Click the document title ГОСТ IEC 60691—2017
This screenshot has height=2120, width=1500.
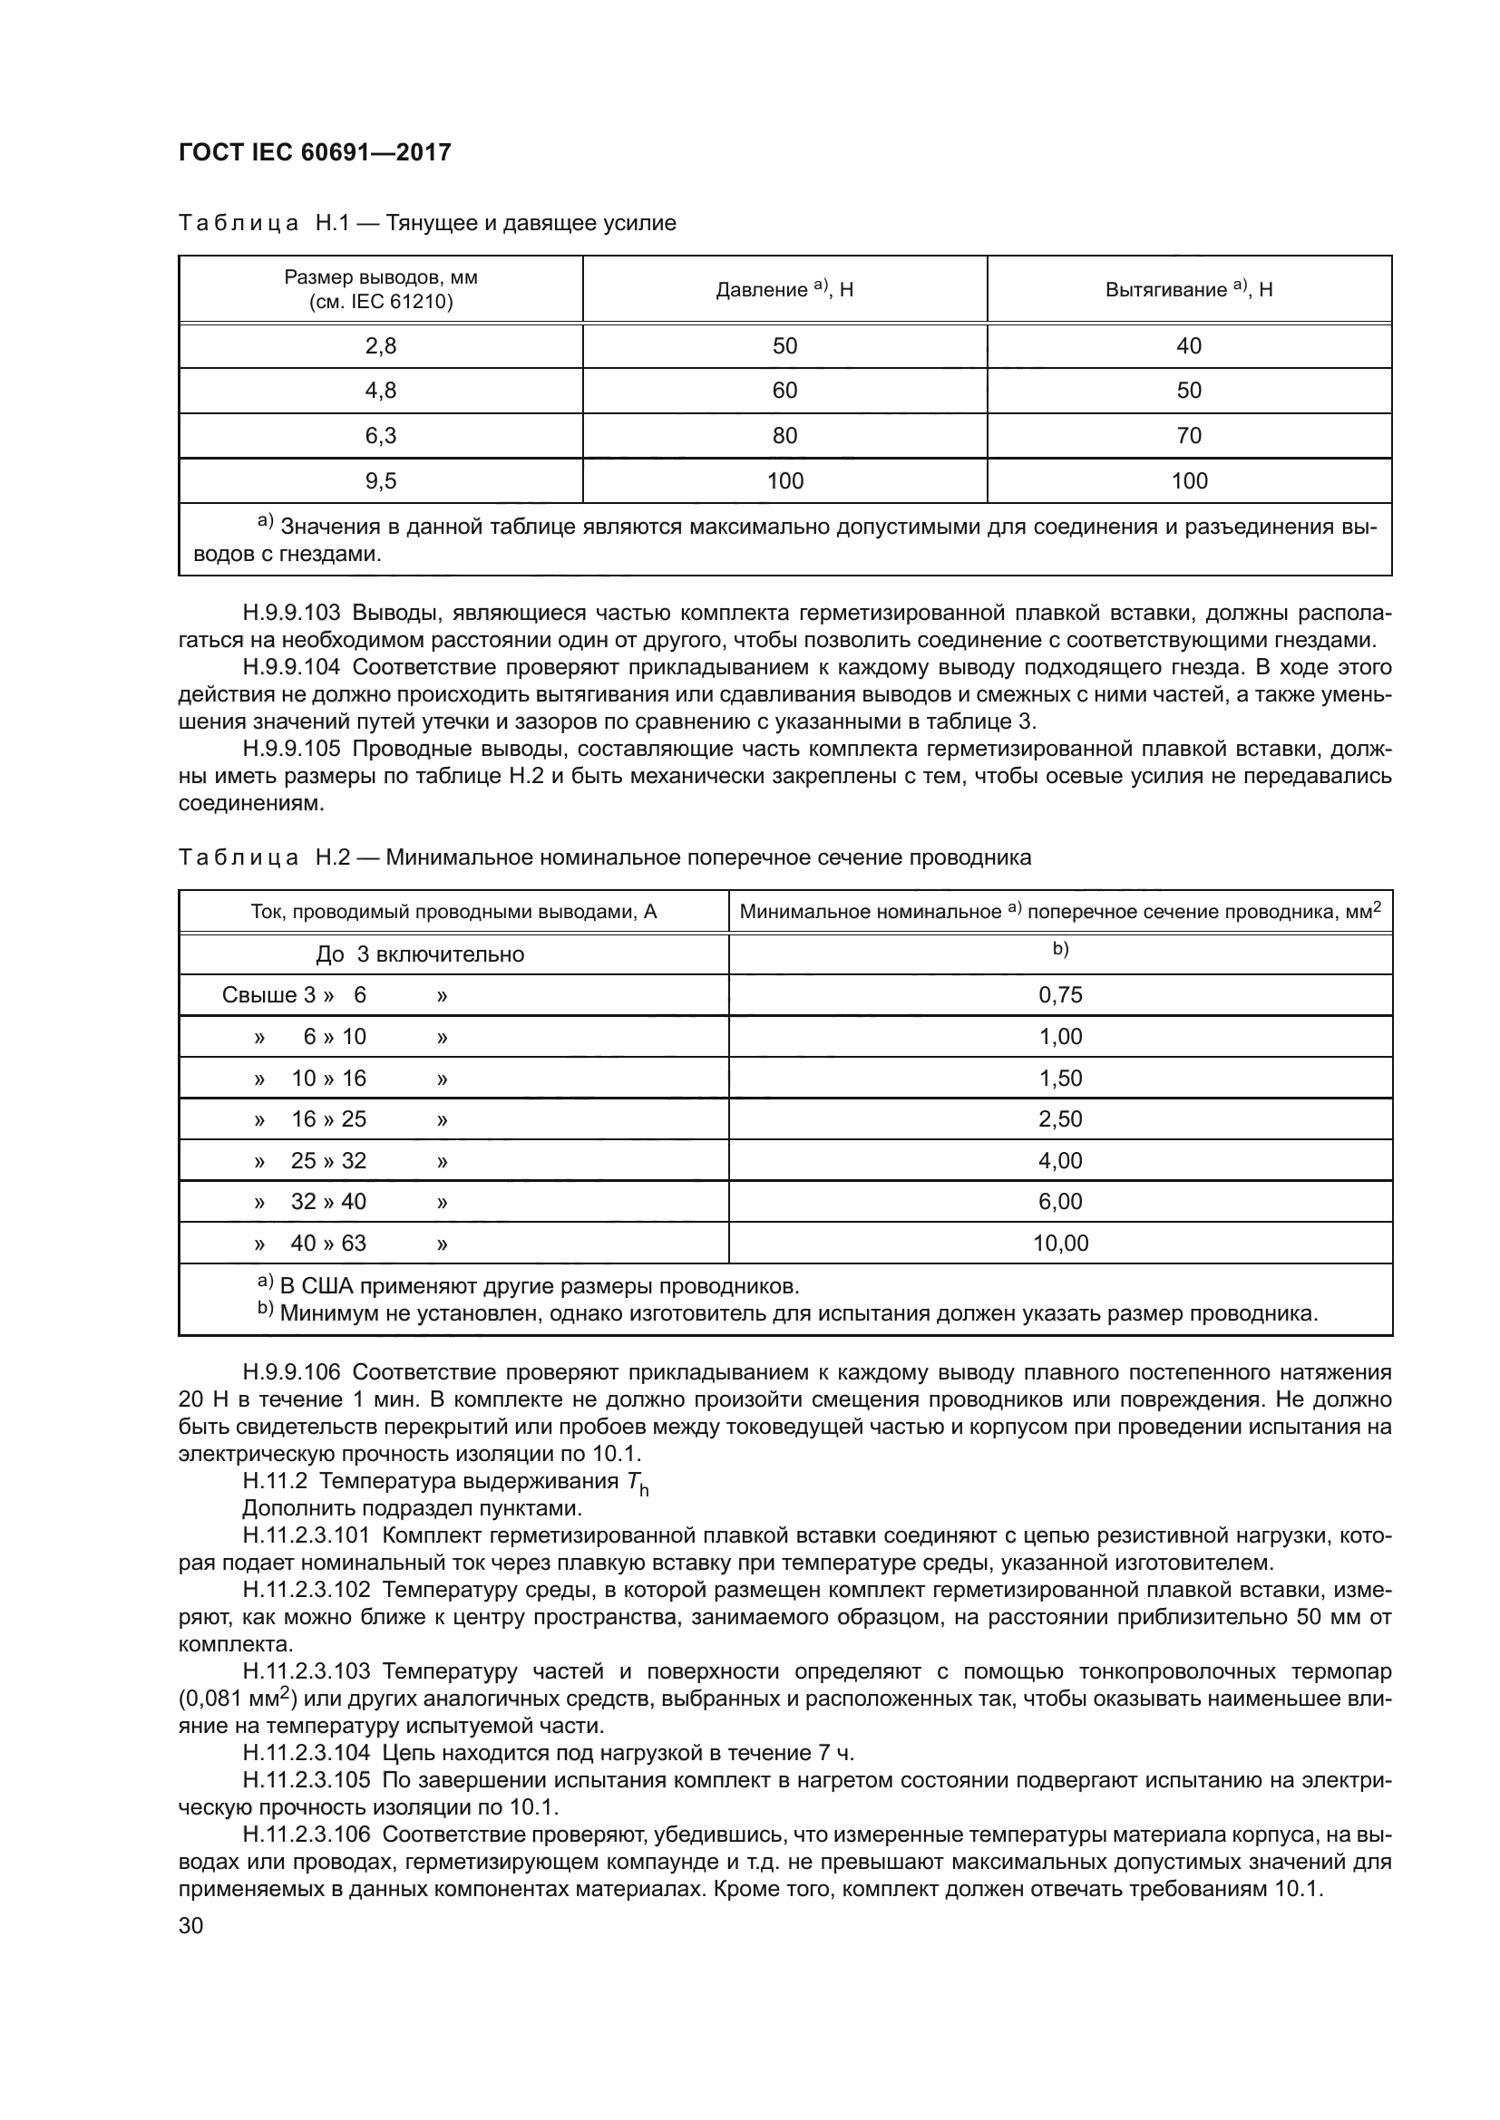314,152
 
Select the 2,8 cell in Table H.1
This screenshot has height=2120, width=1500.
381,346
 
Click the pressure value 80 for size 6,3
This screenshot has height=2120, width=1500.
784,436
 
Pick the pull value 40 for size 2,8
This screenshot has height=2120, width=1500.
1189,346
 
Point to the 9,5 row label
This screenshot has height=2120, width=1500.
381,481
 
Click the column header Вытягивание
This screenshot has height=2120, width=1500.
1165,290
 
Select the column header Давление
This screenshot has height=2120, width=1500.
762,290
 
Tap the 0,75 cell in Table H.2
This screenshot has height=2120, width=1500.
1060,995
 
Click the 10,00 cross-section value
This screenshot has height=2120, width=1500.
1060,1244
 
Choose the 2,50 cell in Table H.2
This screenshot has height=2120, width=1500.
1060,1119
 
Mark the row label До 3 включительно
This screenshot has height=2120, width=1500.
419,954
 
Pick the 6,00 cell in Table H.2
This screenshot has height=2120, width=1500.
1060,1202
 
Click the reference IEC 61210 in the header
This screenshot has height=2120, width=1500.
398,302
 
